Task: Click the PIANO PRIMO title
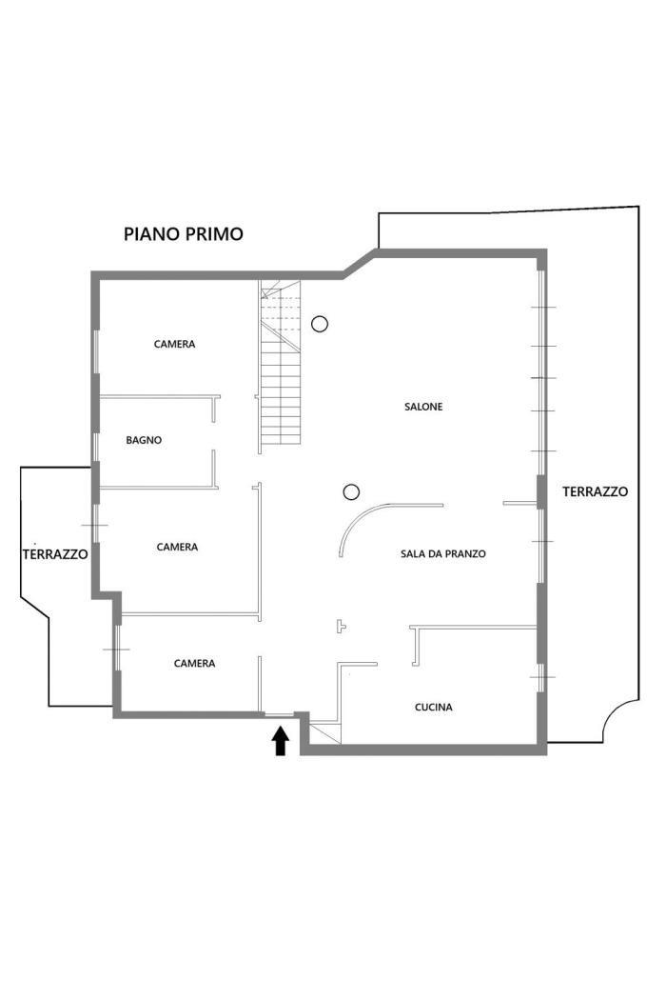pyautogui.click(x=184, y=234)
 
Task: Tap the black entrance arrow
pyautogui.click(x=281, y=742)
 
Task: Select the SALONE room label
pyautogui.click(x=423, y=407)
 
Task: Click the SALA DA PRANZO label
pyautogui.click(x=443, y=554)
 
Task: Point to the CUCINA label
pyautogui.click(x=434, y=708)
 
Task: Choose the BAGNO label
pyautogui.click(x=144, y=440)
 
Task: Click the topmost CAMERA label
pyautogui.click(x=175, y=345)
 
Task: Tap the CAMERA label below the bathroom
pyautogui.click(x=177, y=548)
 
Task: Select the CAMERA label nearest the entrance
pyautogui.click(x=194, y=664)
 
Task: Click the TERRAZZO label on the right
pyautogui.click(x=596, y=491)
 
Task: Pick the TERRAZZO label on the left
pyautogui.click(x=55, y=554)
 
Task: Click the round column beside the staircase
pyautogui.click(x=320, y=324)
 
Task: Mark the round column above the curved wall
pyautogui.click(x=351, y=491)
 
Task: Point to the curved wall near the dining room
pyautogui.click(x=357, y=518)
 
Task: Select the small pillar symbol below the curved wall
pyautogui.click(x=341, y=627)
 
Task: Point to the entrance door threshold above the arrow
pyautogui.click(x=279, y=715)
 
